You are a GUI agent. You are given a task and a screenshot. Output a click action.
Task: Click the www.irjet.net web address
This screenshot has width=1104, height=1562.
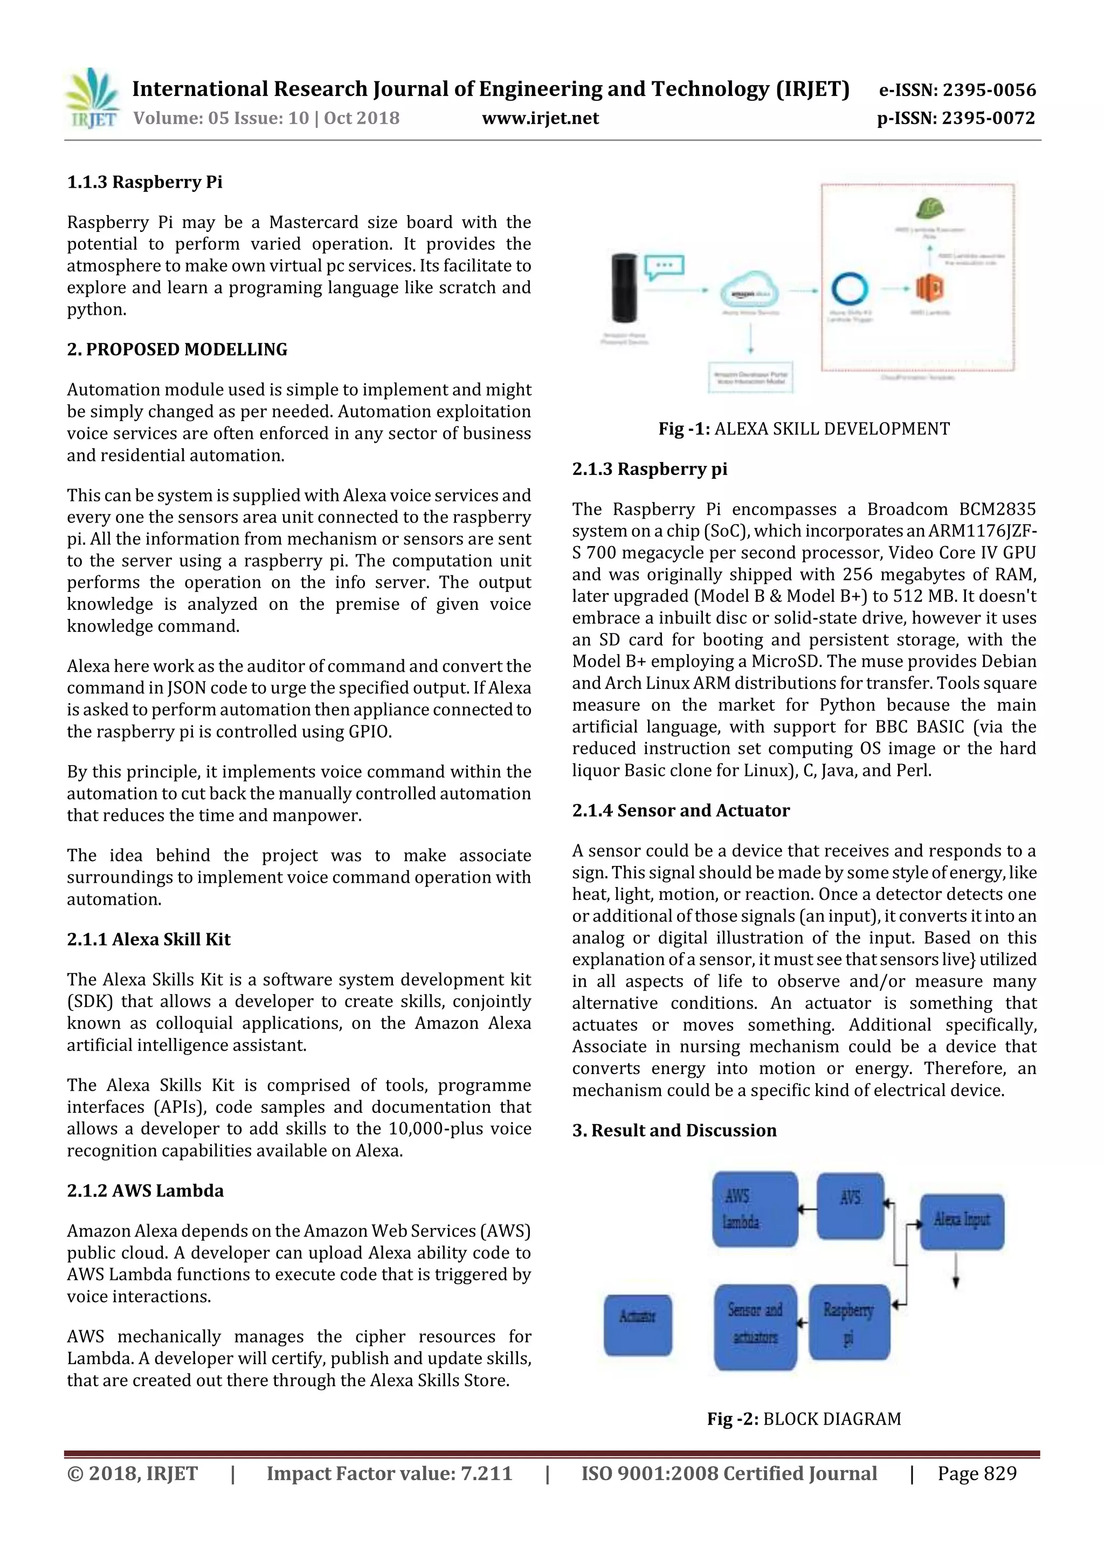540,119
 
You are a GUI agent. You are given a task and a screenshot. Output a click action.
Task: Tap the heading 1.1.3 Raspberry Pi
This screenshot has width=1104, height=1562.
144,182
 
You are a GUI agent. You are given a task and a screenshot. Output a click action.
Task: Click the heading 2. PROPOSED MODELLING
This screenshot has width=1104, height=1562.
177,350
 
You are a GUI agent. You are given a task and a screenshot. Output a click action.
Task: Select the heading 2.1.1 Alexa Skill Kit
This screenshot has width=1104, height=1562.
148,939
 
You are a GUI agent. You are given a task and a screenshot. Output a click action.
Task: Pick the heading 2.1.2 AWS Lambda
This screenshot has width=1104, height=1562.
145,1191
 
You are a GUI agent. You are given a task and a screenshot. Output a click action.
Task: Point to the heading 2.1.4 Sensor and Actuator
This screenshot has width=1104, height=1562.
680,810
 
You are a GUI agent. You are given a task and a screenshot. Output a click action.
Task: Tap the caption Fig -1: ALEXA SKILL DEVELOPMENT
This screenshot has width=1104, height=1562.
803,429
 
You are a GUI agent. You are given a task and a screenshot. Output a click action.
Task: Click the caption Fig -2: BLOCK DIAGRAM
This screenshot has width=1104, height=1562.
803,1419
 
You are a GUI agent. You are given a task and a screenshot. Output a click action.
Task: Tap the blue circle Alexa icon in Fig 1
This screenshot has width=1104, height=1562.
850,289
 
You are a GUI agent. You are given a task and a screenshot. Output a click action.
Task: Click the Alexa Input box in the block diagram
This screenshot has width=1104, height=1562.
961,1221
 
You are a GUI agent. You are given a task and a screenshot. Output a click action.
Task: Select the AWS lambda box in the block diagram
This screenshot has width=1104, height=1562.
754,1209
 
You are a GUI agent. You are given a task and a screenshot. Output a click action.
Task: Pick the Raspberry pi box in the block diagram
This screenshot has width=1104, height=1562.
849,1322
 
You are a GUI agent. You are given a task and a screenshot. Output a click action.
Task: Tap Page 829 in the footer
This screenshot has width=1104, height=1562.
977,1474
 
